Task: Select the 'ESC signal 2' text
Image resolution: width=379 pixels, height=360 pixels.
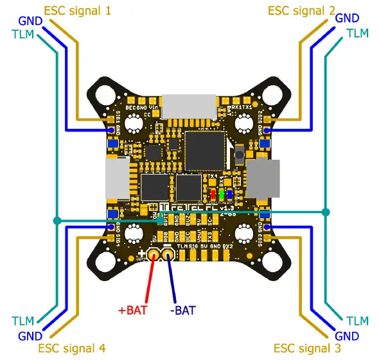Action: click(301, 10)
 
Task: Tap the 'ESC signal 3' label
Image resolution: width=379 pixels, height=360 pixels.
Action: click(307, 348)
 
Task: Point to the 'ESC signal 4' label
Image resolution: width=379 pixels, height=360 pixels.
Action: click(72, 348)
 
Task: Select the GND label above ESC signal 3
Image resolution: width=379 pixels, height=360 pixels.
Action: click(348, 336)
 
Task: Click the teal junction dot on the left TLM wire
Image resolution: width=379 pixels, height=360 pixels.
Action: click(57, 221)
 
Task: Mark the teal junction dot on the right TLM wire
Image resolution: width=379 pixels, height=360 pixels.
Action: click(326, 212)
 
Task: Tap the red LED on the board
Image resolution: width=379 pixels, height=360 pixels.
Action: click(213, 194)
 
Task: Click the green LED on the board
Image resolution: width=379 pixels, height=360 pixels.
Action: click(222, 194)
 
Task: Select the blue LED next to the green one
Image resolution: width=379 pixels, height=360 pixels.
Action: click(230, 194)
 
